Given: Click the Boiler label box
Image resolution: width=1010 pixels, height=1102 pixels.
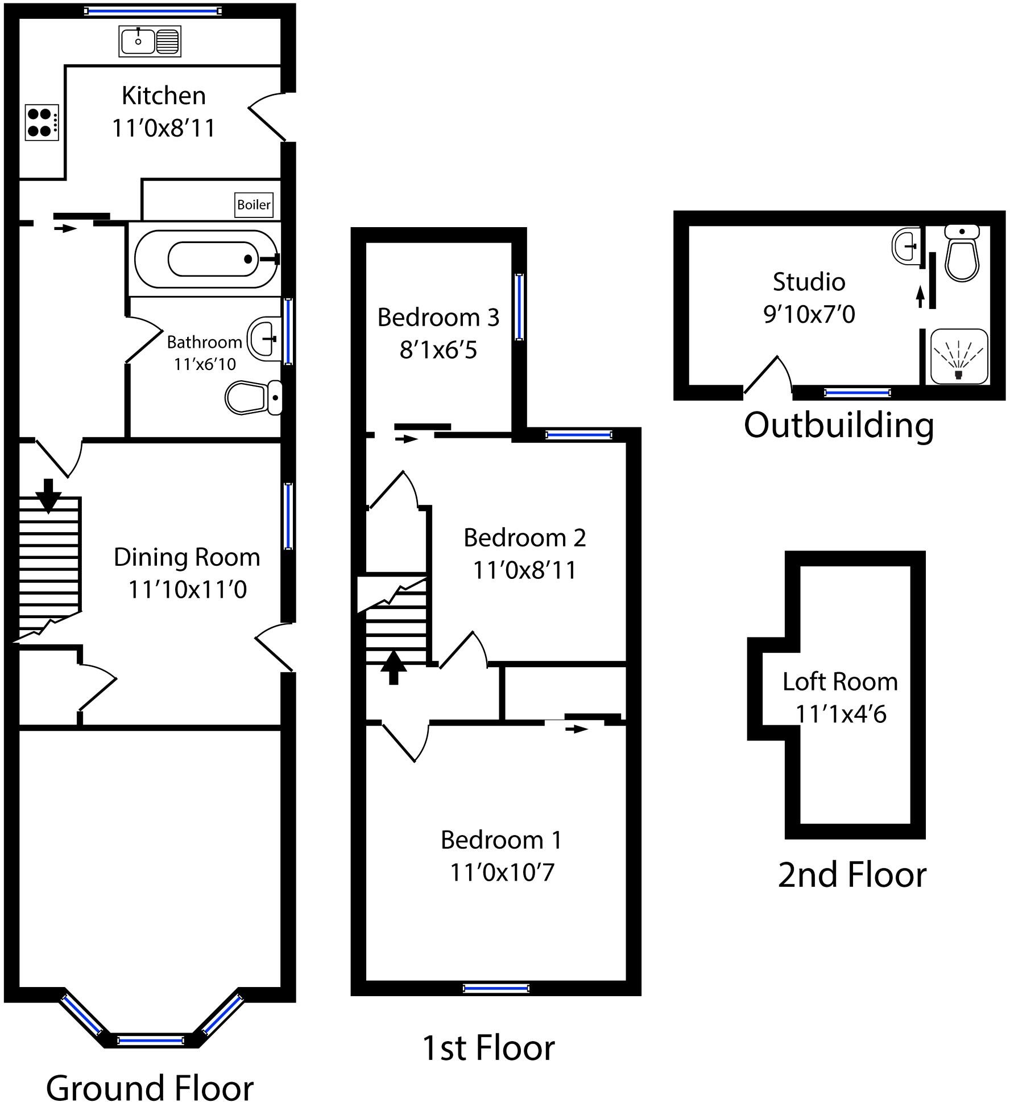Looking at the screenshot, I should tap(254, 205).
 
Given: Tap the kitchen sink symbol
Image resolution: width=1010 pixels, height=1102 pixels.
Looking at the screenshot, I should tap(150, 41).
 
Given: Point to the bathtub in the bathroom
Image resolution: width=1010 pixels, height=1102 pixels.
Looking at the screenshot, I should tap(206, 259).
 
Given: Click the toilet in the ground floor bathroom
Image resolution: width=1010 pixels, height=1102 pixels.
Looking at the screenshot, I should tap(254, 397).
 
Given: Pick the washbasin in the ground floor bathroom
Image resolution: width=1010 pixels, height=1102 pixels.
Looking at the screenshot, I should tap(264, 338).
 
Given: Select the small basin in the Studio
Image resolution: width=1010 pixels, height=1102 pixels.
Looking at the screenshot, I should tap(906, 246).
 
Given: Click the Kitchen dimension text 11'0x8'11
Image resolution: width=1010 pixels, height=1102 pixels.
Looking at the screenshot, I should tap(163, 128).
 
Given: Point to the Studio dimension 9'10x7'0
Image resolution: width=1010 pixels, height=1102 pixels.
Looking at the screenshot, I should tap(809, 314).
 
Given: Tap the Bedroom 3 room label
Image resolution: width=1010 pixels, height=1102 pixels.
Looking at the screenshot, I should tap(438, 318).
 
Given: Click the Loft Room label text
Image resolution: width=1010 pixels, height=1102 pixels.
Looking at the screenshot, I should tap(840, 681).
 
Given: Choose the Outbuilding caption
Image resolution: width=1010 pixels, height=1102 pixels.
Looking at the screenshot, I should tap(839, 425).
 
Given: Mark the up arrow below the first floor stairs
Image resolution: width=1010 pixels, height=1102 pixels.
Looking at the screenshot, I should tap(394, 667).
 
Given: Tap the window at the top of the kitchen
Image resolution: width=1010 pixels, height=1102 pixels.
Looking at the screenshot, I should tap(152, 11).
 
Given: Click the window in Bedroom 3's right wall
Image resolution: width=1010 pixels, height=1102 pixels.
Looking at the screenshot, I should tap(519, 307).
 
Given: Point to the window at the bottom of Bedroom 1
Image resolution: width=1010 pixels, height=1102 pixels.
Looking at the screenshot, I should tap(496, 988).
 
